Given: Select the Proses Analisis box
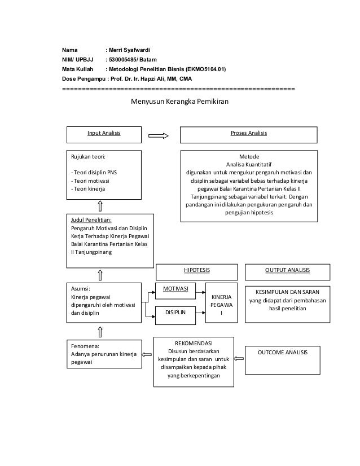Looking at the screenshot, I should point(248,134).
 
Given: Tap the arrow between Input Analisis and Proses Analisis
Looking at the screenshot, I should point(158,135).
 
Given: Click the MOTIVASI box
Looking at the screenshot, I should point(175,289).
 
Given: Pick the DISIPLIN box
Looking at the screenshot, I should point(175,311).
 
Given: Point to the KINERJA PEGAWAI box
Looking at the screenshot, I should point(221,302).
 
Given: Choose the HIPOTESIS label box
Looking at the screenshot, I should point(196,270).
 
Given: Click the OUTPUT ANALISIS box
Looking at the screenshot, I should point(287,270).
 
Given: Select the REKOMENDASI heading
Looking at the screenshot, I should point(194,342).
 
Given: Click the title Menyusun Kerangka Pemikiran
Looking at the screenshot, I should point(180,102).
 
